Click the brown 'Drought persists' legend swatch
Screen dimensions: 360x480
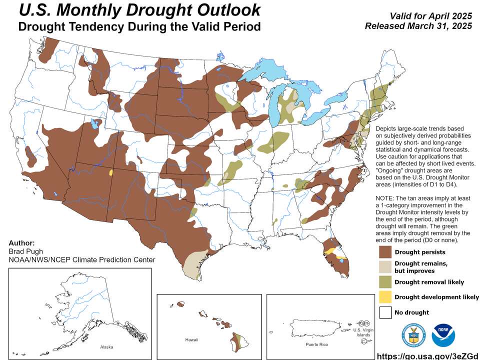point(385,251)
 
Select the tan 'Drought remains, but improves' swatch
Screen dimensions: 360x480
point(385,266)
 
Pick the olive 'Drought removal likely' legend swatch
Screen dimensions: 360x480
point(385,282)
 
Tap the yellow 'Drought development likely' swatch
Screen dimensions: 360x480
point(385,297)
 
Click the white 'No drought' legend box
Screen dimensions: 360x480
point(385,312)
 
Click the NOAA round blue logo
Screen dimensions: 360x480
point(443,335)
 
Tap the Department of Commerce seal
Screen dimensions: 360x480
point(413,335)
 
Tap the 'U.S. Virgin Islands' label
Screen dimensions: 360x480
point(363,332)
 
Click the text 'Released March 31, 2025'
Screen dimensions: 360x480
point(418,26)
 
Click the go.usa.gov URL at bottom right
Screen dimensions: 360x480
point(426,355)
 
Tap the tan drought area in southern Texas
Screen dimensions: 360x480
point(192,265)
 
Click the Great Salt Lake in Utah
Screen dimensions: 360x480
point(93,123)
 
